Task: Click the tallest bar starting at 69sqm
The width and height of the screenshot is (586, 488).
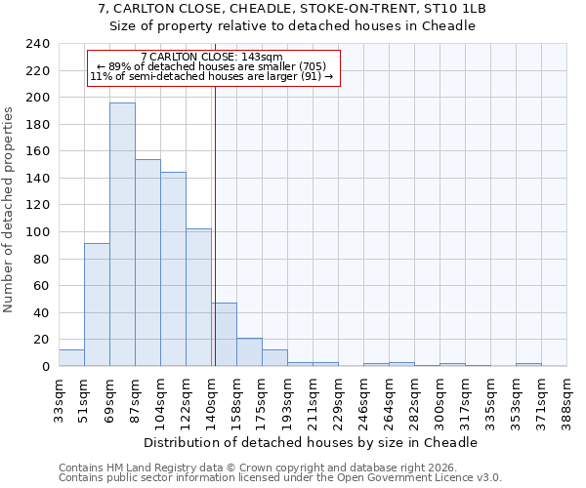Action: [x=122, y=234]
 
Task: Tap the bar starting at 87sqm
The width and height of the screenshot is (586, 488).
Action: [x=147, y=263]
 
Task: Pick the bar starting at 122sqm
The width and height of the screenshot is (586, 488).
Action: [x=198, y=298]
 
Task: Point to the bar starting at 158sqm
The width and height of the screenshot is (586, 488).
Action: [x=249, y=352]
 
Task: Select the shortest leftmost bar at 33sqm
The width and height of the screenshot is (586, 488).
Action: [x=71, y=358]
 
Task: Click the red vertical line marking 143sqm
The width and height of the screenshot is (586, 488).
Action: [x=214, y=244]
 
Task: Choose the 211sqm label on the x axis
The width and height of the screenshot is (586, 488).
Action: [x=313, y=398]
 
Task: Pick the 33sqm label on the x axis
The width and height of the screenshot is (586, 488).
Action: [x=59, y=398]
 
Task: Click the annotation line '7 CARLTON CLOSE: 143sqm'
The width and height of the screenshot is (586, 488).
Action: [x=212, y=57]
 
